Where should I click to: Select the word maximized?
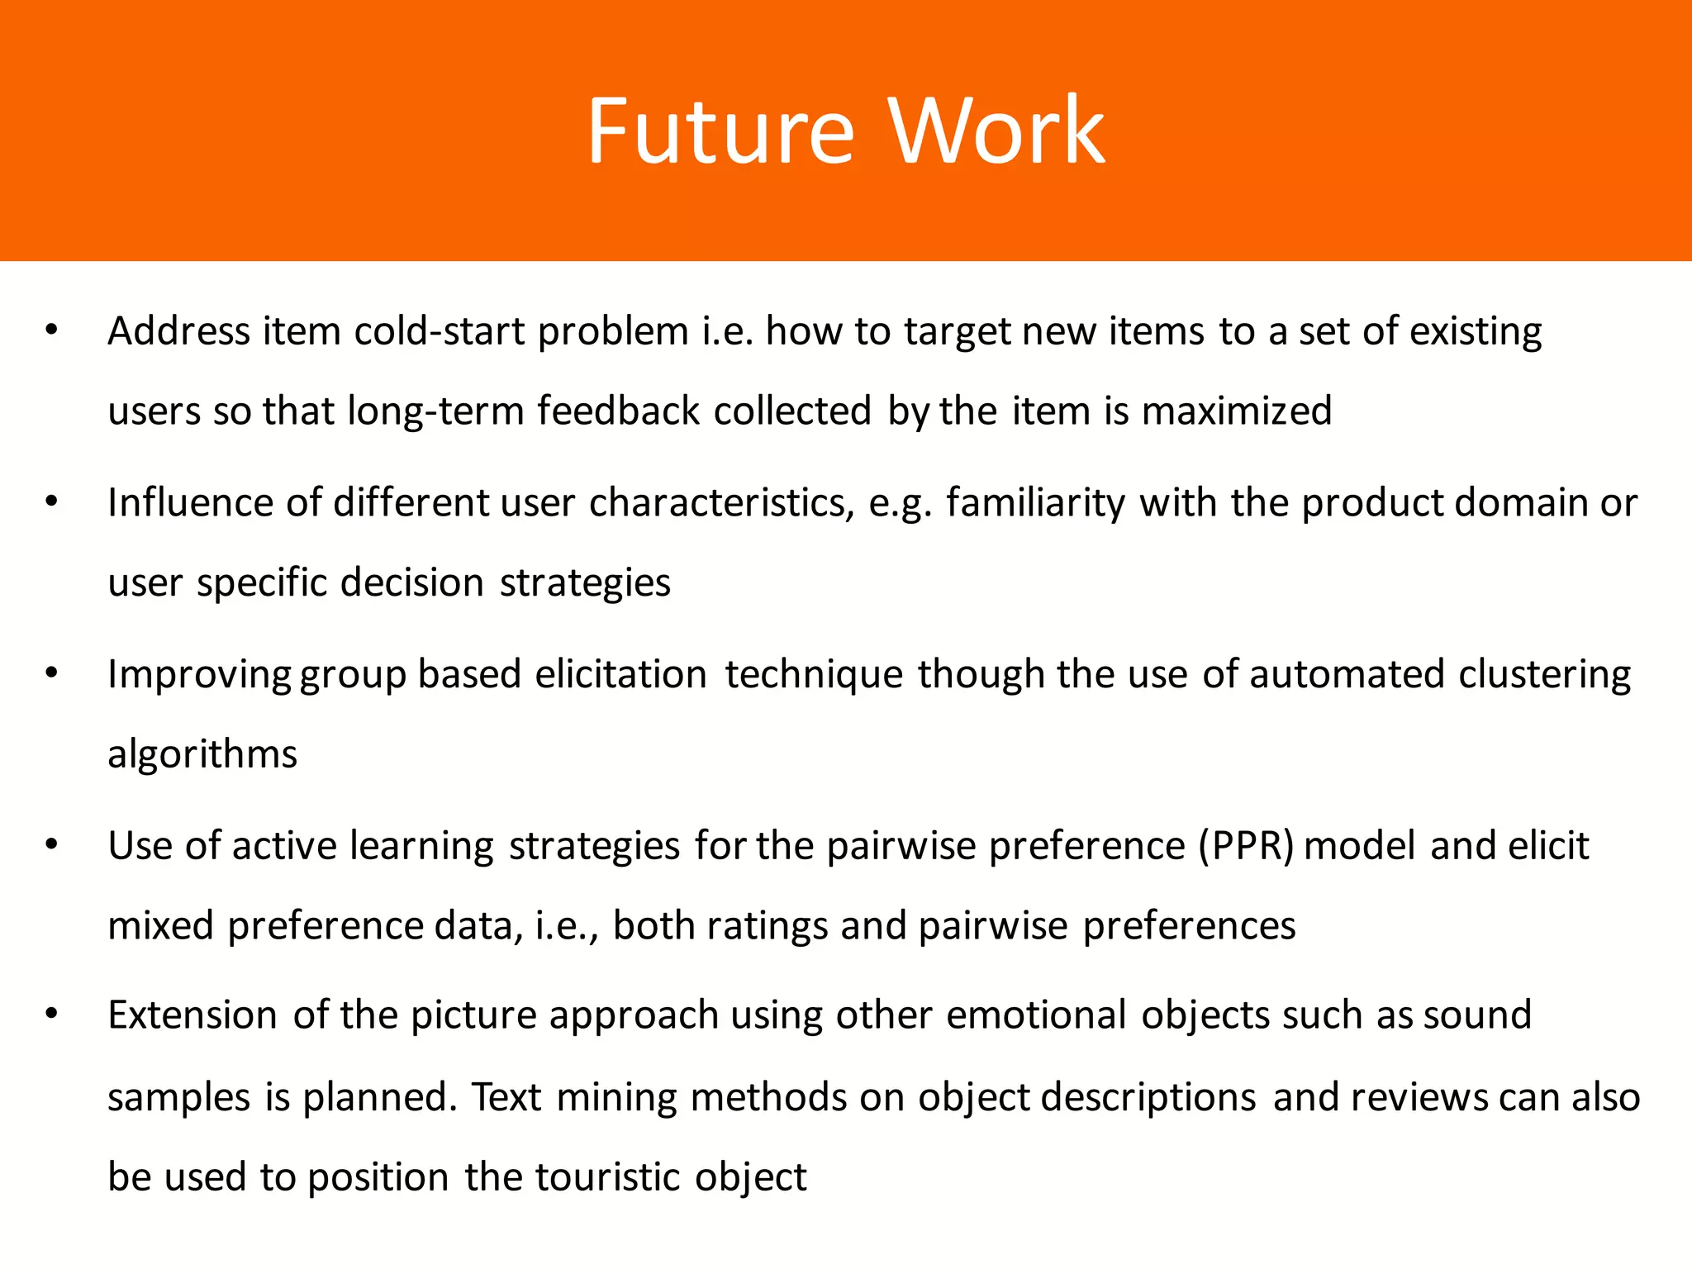(x=1236, y=411)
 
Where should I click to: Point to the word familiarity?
(x=1035, y=503)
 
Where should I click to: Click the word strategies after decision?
(x=585, y=583)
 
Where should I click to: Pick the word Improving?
(x=199, y=675)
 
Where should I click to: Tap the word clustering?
(x=1544, y=675)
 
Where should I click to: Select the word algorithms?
(x=202, y=754)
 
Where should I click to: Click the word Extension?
(x=192, y=1015)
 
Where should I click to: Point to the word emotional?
(x=1036, y=1015)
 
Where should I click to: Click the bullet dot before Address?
(x=52, y=330)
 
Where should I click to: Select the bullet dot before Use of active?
(x=52, y=845)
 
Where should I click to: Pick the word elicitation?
(x=620, y=675)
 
